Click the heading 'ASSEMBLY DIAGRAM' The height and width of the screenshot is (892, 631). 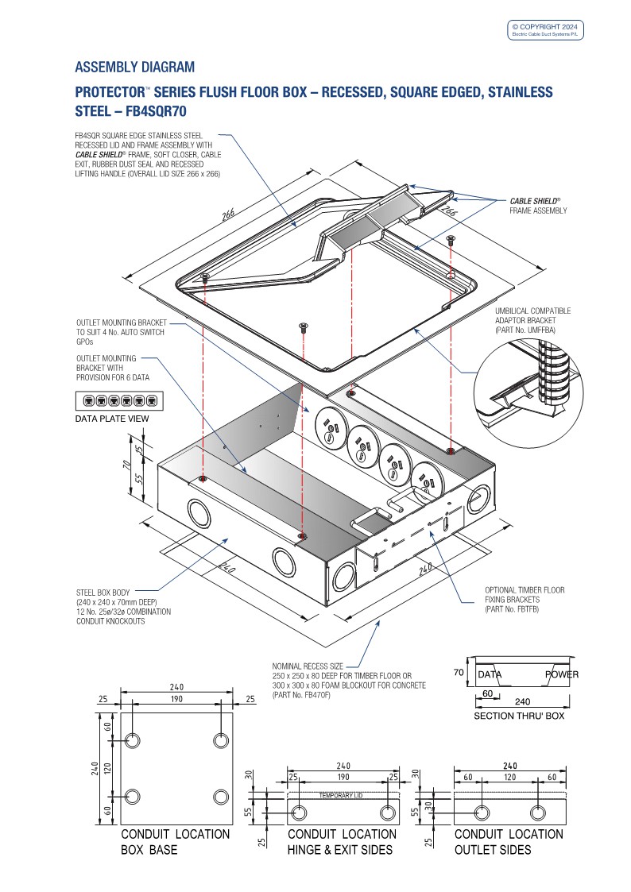[134, 67]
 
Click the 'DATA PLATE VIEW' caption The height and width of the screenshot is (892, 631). [112, 418]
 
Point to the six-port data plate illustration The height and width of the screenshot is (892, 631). [119, 401]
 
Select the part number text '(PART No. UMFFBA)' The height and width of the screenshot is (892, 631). [525, 329]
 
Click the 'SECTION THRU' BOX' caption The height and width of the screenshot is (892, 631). [519, 716]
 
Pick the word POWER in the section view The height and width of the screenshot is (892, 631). [561, 674]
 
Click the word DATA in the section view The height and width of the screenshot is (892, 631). [489, 674]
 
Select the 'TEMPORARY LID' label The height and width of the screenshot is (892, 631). [343, 795]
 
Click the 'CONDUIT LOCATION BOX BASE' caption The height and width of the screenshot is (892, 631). [175, 842]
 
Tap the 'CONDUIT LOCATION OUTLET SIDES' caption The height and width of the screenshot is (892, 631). [509, 842]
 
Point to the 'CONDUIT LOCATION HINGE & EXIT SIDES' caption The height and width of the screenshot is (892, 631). [342, 842]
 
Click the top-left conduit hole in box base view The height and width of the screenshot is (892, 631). [133, 740]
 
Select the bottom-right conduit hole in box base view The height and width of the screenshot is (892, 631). [220, 796]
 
